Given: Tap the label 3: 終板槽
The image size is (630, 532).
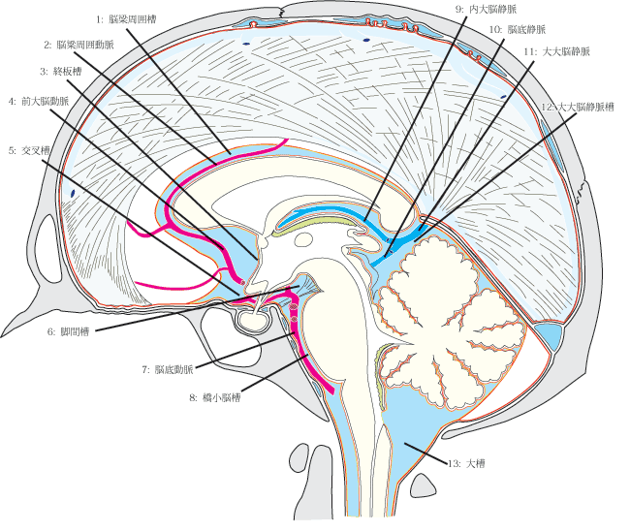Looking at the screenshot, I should (60, 71).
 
